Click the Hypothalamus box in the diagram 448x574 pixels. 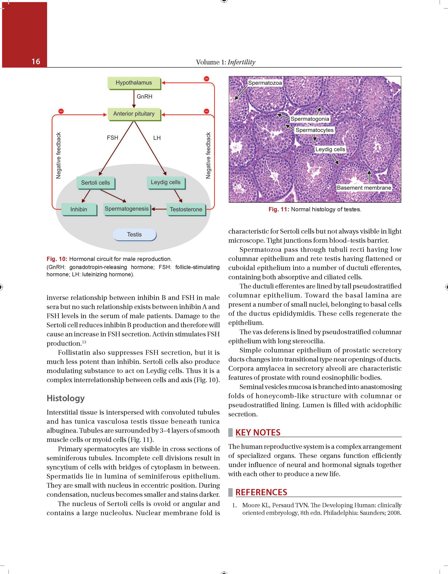click(134, 83)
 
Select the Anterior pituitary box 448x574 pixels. click(134, 114)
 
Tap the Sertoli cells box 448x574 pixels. click(96, 183)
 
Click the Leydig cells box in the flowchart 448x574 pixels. click(166, 182)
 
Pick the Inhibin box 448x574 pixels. click(79, 209)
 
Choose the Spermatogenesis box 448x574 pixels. click(127, 209)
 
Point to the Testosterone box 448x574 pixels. click(186, 209)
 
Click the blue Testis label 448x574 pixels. click(135, 235)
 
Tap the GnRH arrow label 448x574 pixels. click(144, 97)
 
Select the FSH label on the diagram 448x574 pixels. click(112, 138)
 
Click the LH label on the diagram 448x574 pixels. click(157, 138)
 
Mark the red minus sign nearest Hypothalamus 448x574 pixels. click(206, 79)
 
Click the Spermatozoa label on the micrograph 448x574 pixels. click(265, 83)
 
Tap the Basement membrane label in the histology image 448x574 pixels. click(364, 188)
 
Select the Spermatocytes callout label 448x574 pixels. click(315, 130)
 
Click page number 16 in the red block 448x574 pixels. click(36, 62)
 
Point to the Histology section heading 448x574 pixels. click(66, 398)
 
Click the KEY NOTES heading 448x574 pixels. click(258, 432)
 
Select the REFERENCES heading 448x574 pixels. click(261, 492)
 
